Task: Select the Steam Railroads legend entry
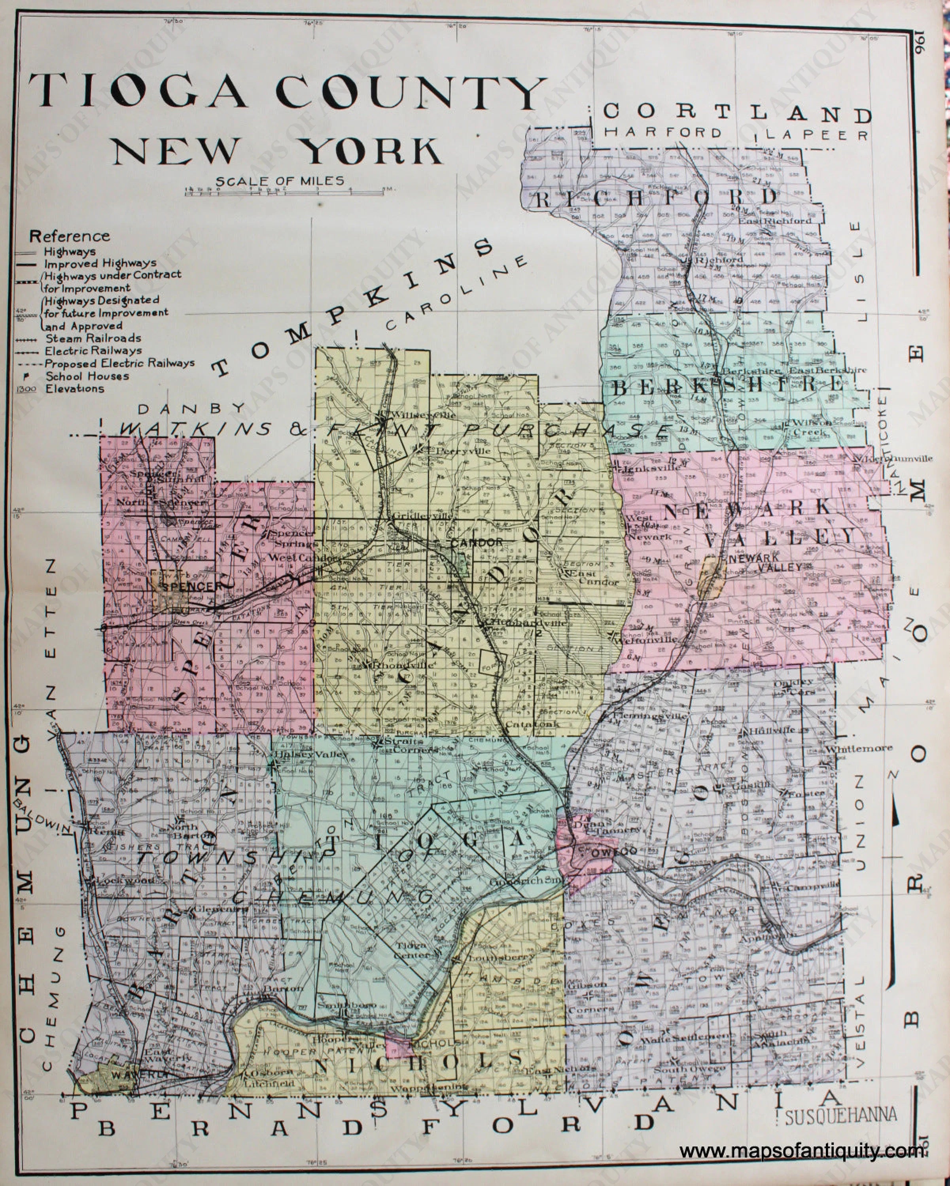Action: click(93, 338)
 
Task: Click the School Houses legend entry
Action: click(87, 376)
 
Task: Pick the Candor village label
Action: click(477, 542)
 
